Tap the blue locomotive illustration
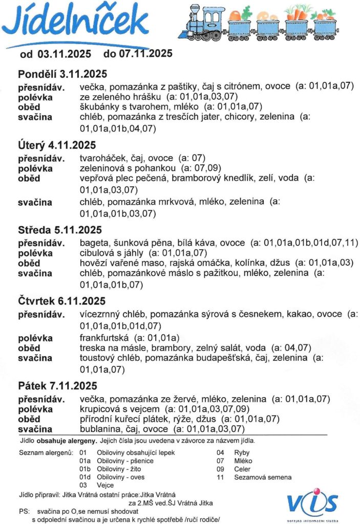click(x=204, y=24)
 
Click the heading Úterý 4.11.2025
click(x=56, y=146)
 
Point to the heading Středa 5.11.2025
click(x=60, y=229)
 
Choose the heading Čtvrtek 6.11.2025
click(x=61, y=301)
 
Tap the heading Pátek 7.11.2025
click(x=57, y=385)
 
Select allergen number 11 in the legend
click(x=221, y=477)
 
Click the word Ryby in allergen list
click(x=242, y=453)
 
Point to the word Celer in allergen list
click(x=243, y=469)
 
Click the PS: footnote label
click(x=24, y=511)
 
